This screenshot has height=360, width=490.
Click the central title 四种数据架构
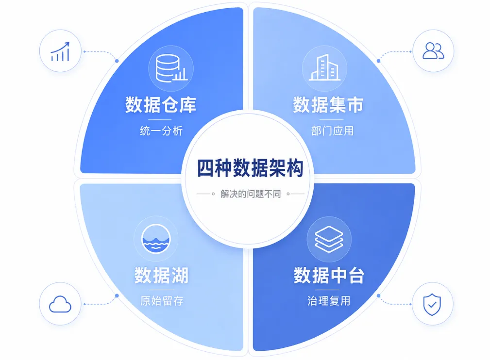[x=250, y=168]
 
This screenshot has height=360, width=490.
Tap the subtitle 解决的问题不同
[x=251, y=194]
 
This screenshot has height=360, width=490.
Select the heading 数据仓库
[x=161, y=105]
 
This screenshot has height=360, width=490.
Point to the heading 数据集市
[x=328, y=105]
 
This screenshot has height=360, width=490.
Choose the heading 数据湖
[x=161, y=275]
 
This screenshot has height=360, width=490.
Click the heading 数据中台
[x=329, y=275]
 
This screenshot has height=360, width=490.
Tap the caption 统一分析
[x=161, y=131]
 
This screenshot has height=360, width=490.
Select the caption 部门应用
[x=332, y=131]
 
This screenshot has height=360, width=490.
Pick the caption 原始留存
[x=162, y=301]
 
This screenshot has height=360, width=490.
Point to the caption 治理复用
[x=329, y=301]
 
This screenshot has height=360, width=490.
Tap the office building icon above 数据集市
[x=324, y=67]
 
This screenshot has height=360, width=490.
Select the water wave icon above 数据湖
[x=156, y=239]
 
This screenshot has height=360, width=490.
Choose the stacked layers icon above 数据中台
[x=329, y=239]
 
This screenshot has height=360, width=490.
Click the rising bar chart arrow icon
[x=60, y=51]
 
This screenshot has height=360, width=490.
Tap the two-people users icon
[x=433, y=51]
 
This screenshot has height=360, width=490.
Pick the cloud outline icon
[x=60, y=304]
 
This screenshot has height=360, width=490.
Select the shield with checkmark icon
[x=432, y=304]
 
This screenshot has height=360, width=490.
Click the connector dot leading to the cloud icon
[x=117, y=295]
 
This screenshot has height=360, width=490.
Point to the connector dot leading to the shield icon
[x=379, y=295]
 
